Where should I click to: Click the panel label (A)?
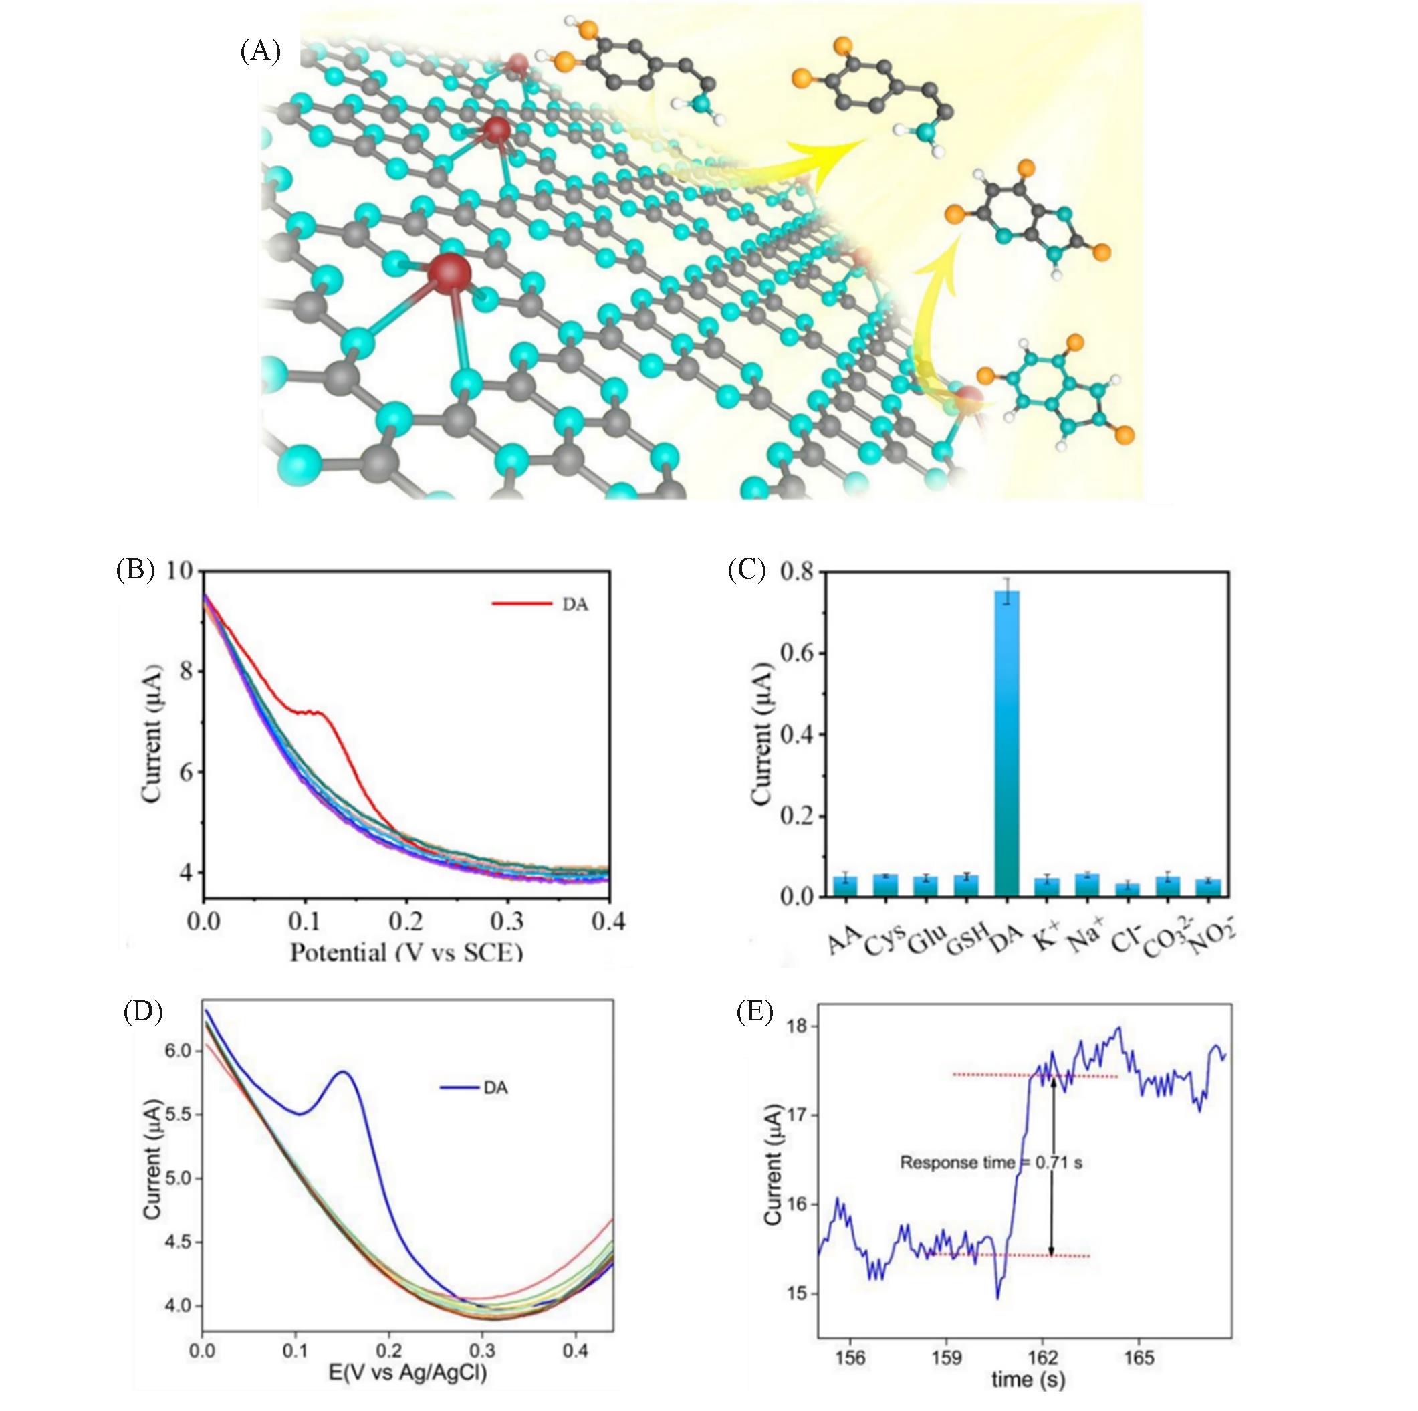pyautogui.click(x=261, y=52)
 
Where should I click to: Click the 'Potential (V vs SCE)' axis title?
pyautogui.click(x=406, y=953)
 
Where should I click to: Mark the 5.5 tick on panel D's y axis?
pyautogui.click(x=175, y=1114)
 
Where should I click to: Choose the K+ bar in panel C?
pyautogui.click(x=1047, y=887)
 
